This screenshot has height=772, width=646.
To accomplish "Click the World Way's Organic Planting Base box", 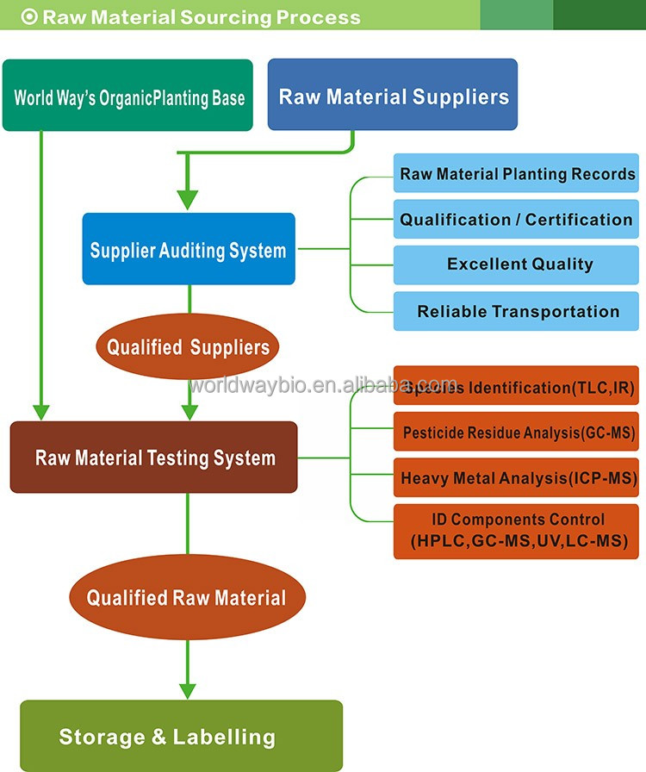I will [127, 96].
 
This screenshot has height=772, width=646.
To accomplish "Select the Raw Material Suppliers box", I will [393, 95].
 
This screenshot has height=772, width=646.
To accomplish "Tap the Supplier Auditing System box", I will [189, 250].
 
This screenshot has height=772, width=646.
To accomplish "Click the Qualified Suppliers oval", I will [188, 347].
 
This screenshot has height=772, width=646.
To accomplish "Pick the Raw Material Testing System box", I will [154, 458].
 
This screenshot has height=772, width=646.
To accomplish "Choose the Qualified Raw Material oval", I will [186, 597].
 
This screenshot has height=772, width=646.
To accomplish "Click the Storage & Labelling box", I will [181, 736].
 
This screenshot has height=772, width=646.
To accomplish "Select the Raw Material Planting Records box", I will [517, 174].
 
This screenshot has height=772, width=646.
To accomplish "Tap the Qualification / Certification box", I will [517, 220].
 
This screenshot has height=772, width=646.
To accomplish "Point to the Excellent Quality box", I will [517, 265].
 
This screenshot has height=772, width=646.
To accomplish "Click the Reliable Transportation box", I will [517, 311].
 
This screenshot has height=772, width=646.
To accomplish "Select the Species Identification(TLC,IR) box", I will [517, 387].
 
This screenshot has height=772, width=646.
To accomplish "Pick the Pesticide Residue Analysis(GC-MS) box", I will [517, 433].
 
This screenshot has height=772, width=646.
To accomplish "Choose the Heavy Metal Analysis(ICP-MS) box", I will [517, 477].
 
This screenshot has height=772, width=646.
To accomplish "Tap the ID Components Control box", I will [517, 531].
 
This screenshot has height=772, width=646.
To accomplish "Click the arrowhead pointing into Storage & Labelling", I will [187, 690].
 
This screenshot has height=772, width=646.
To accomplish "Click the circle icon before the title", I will [28, 16].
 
